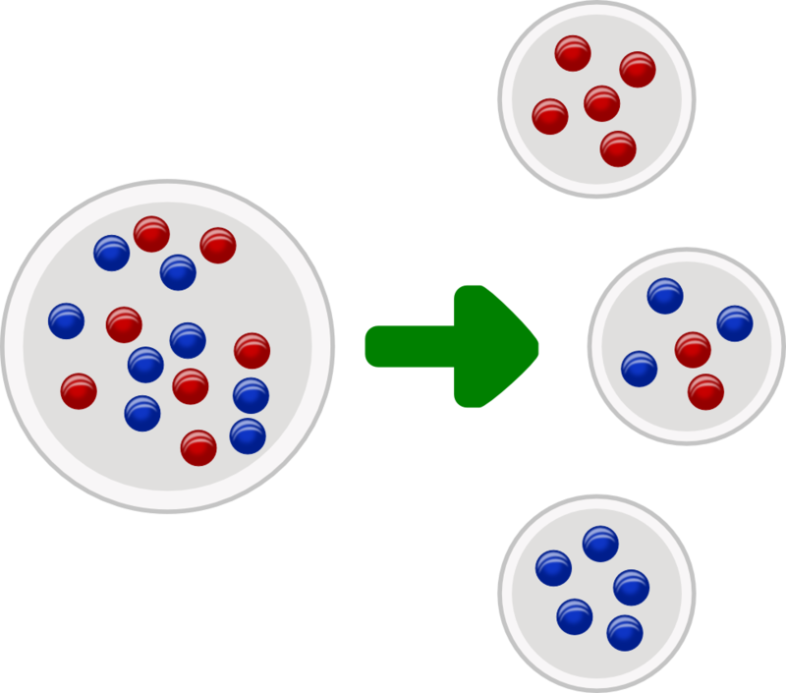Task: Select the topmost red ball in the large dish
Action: pyautogui.click(x=152, y=234)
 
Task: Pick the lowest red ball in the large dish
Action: pyautogui.click(x=198, y=447)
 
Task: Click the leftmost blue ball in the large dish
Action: pyautogui.click(x=67, y=319)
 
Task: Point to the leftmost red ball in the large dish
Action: pyautogui.click(x=79, y=391)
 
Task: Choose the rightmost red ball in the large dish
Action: pyautogui.click(x=253, y=350)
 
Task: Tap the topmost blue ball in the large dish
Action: pyautogui.click(x=112, y=254)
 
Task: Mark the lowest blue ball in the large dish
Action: pyautogui.click(x=248, y=435)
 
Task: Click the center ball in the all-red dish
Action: pyautogui.click(x=601, y=102)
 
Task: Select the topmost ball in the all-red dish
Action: pyautogui.click(x=572, y=53)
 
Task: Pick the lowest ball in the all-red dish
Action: pyautogui.click(x=618, y=148)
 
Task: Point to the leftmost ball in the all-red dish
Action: pyautogui.click(x=550, y=117)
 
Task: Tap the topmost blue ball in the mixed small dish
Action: pyautogui.click(x=665, y=296)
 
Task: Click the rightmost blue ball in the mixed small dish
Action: pyautogui.click(x=735, y=323)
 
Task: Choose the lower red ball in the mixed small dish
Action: pyautogui.click(x=705, y=391)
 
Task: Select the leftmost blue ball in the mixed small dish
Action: pyautogui.click(x=640, y=369)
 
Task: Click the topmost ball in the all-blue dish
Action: pyautogui.click(x=600, y=543)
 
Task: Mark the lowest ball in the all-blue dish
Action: pyautogui.click(x=625, y=632)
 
